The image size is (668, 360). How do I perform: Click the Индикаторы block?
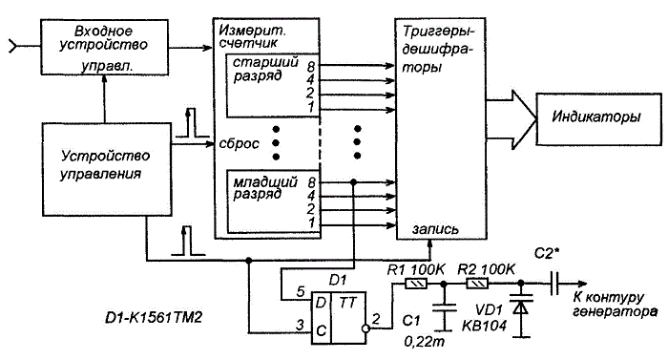pos(598,119)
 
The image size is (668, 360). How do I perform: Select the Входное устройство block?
pos(104,47)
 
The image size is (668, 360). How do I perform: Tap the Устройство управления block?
pos(107,169)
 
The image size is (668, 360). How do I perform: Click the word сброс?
pos(239,144)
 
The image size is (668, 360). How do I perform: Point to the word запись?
pos(435,229)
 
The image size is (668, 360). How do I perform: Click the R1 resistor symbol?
pos(415,284)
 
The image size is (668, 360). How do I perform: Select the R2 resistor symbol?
pos(477,284)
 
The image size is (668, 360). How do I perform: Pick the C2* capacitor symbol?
pos(554,284)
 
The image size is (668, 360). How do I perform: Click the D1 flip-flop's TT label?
pos(347,303)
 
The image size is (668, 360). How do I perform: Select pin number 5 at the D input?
pos(301,292)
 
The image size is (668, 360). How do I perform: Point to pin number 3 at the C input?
pos(301,325)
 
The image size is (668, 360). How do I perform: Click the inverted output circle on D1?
pos(365,328)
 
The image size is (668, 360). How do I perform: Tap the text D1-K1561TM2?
pos(154,318)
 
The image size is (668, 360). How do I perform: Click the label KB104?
pos(485,326)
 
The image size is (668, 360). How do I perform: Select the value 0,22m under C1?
pos(424,342)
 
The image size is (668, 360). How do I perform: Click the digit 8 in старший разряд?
pos(310,67)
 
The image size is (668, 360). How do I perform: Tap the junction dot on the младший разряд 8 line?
pos(353,182)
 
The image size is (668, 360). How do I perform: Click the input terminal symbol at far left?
pos(13,46)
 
